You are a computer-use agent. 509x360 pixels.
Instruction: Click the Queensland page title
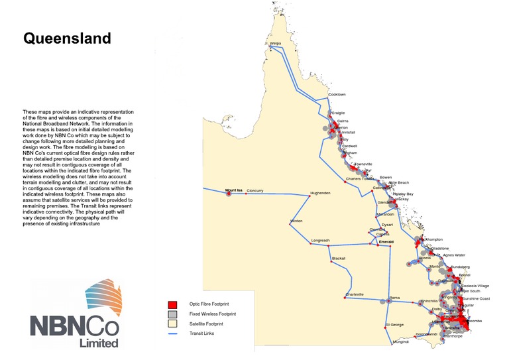(x=67, y=38)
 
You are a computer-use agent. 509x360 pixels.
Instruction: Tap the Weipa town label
(x=276, y=44)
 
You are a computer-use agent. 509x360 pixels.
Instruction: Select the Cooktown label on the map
(x=337, y=95)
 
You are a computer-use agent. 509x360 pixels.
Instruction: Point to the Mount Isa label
(x=235, y=191)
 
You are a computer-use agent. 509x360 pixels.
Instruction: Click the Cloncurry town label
(x=255, y=191)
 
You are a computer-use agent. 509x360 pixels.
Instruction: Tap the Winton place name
(x=296, y=221)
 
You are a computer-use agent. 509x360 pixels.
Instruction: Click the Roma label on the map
(x=396, y=297)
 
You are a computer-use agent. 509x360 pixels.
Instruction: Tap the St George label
(x=395, y=325)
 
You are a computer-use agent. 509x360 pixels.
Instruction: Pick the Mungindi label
(x=401, y=342)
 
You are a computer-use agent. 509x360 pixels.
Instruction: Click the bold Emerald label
(x=386, y=242)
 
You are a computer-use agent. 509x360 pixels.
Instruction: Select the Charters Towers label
(x=361, y=180)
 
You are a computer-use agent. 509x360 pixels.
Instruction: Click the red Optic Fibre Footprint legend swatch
(x=174, y=303)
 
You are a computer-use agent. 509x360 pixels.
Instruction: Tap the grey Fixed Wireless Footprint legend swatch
(x=174, y=313)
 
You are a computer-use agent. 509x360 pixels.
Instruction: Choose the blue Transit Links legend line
(x=174, y=333)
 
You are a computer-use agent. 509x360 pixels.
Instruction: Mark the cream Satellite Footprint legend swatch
(x=174, y=323)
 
